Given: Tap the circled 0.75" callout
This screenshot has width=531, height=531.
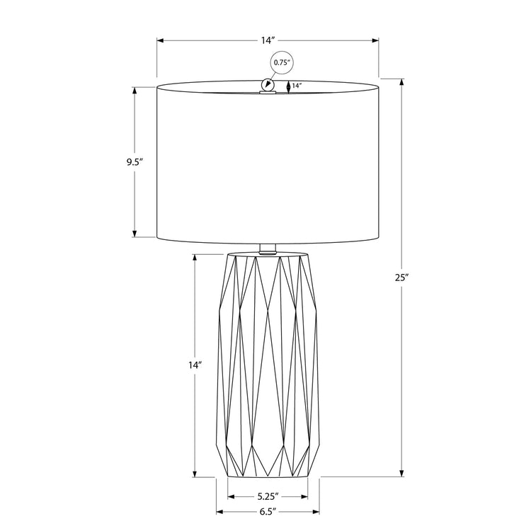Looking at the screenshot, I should click(x=282, y=63).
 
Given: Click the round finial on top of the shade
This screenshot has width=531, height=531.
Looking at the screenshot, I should click(x=268, y=85).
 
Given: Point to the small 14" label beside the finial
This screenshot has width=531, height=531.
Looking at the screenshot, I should click(x=297, y=86).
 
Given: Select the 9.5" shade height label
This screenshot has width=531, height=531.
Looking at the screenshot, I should click(x=115, y=162).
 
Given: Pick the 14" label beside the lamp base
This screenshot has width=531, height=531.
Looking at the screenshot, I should click(x=195, y=365).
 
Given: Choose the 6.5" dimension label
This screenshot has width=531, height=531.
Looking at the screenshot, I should click(x=267, y=510).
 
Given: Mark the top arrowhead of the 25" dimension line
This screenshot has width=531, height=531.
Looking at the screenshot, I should click(x=402, y=80).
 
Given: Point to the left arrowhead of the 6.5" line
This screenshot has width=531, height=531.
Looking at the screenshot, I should click(x=219, y=510).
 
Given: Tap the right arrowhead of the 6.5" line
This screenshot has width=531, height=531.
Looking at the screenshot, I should click(x=316, y=510).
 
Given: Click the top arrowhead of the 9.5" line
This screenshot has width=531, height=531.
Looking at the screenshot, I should click(x=135, y=90).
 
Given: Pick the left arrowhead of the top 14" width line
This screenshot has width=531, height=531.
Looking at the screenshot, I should click(x=160, y=41).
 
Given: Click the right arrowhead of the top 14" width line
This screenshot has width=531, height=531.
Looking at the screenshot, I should click(x=376, y=41).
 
